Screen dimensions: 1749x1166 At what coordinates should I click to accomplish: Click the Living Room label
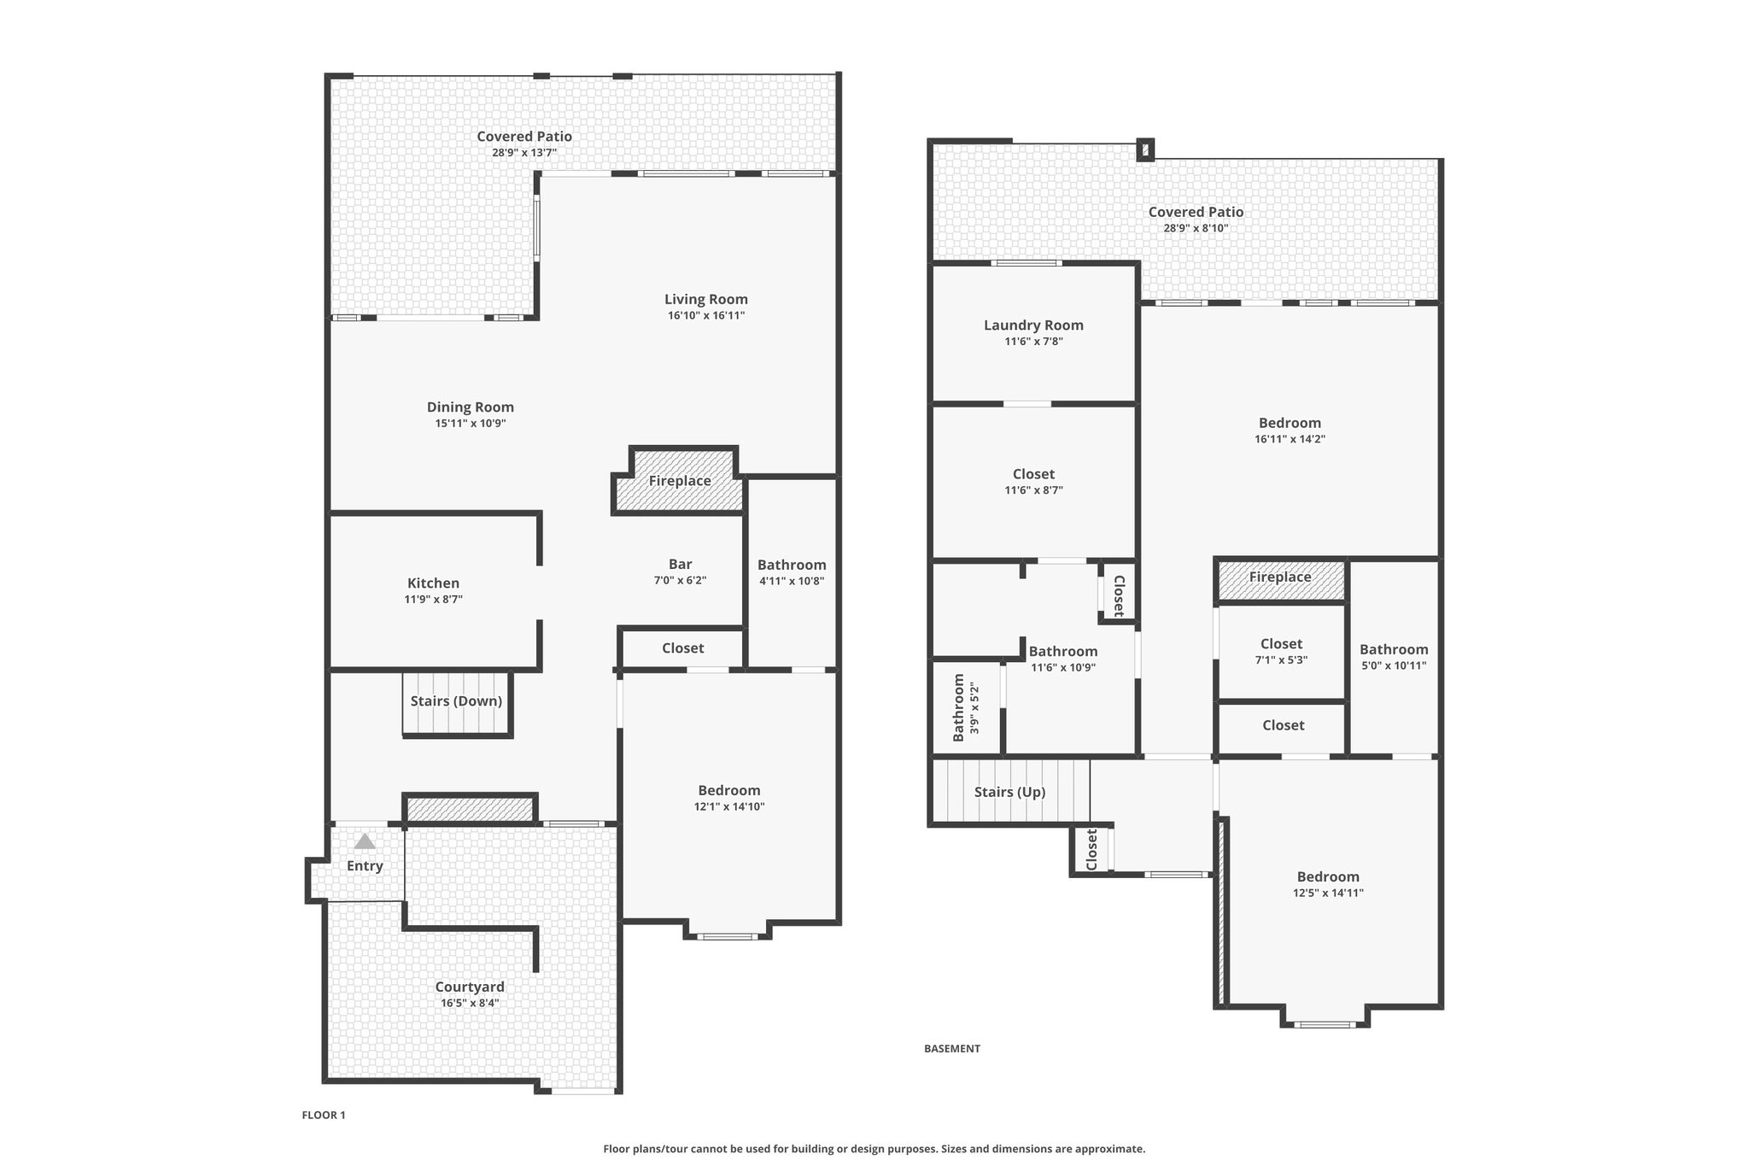point(706,299)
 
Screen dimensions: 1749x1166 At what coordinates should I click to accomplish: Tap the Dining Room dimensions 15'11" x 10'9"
point(471,423)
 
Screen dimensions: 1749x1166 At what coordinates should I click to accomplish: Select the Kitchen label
point(433,583)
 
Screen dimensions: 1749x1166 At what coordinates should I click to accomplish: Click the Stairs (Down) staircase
point(457,703)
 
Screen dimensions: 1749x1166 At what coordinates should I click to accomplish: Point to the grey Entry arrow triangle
point(365,841)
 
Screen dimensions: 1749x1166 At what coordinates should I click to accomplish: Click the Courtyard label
point(470,987)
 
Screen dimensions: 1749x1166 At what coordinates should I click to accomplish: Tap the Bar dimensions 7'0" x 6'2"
point(681,580)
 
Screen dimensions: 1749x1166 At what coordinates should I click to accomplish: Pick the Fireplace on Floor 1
point(680,481)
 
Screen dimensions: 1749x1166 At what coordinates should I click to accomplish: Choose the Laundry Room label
point(1033,325)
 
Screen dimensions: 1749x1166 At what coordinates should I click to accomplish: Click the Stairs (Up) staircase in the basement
point(1010,792)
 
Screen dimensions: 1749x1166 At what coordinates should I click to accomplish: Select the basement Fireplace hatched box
point(1280,581)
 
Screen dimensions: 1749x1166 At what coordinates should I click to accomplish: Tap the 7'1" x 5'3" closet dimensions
point(1281,659)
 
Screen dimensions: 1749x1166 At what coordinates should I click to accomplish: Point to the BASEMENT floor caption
point(952,1048)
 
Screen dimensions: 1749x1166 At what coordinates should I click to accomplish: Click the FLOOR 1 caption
point(324,1115)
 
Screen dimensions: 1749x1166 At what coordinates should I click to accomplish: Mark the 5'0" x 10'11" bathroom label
point(1394,649)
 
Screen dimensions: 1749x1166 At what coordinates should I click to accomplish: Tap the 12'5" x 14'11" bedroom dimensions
point(1328,893)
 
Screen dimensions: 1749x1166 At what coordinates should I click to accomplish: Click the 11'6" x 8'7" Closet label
point(1033,474)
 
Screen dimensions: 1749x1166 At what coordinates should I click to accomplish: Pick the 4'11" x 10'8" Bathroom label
point(792,565)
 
